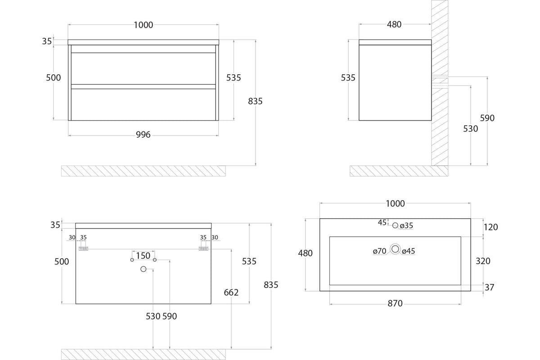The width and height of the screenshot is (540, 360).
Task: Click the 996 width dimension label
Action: (143, 135)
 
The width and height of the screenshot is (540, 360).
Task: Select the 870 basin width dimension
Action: (395, 303)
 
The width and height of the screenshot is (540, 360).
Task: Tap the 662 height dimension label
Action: (231, 292)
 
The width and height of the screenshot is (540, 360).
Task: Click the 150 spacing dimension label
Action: (143, 256)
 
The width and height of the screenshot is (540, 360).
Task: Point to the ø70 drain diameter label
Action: (379, 251)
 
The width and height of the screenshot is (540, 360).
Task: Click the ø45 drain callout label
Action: (409, 251)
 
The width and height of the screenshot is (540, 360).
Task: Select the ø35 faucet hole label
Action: (406, 226)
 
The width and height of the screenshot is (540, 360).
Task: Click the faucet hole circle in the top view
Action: (395, 225)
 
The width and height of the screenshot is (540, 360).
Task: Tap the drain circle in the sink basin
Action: (395, 249)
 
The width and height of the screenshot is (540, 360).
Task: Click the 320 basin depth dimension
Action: (483, 261)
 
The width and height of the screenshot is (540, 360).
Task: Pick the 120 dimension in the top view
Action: (491, 227)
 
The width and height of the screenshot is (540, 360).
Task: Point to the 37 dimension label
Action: (490, 288)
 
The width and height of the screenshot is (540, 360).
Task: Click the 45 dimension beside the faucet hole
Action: (382, 223)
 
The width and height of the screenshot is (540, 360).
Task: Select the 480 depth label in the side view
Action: (394, 24)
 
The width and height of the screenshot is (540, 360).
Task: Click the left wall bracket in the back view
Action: (83, 248)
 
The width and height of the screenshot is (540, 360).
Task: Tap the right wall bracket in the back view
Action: (203, 248)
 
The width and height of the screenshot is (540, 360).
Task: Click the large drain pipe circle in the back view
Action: (144, 269)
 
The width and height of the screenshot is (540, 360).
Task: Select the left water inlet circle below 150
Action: (132, 260)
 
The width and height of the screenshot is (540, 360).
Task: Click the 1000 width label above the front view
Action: (144, 25)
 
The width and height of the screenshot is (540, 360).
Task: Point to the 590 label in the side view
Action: (487, 118)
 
